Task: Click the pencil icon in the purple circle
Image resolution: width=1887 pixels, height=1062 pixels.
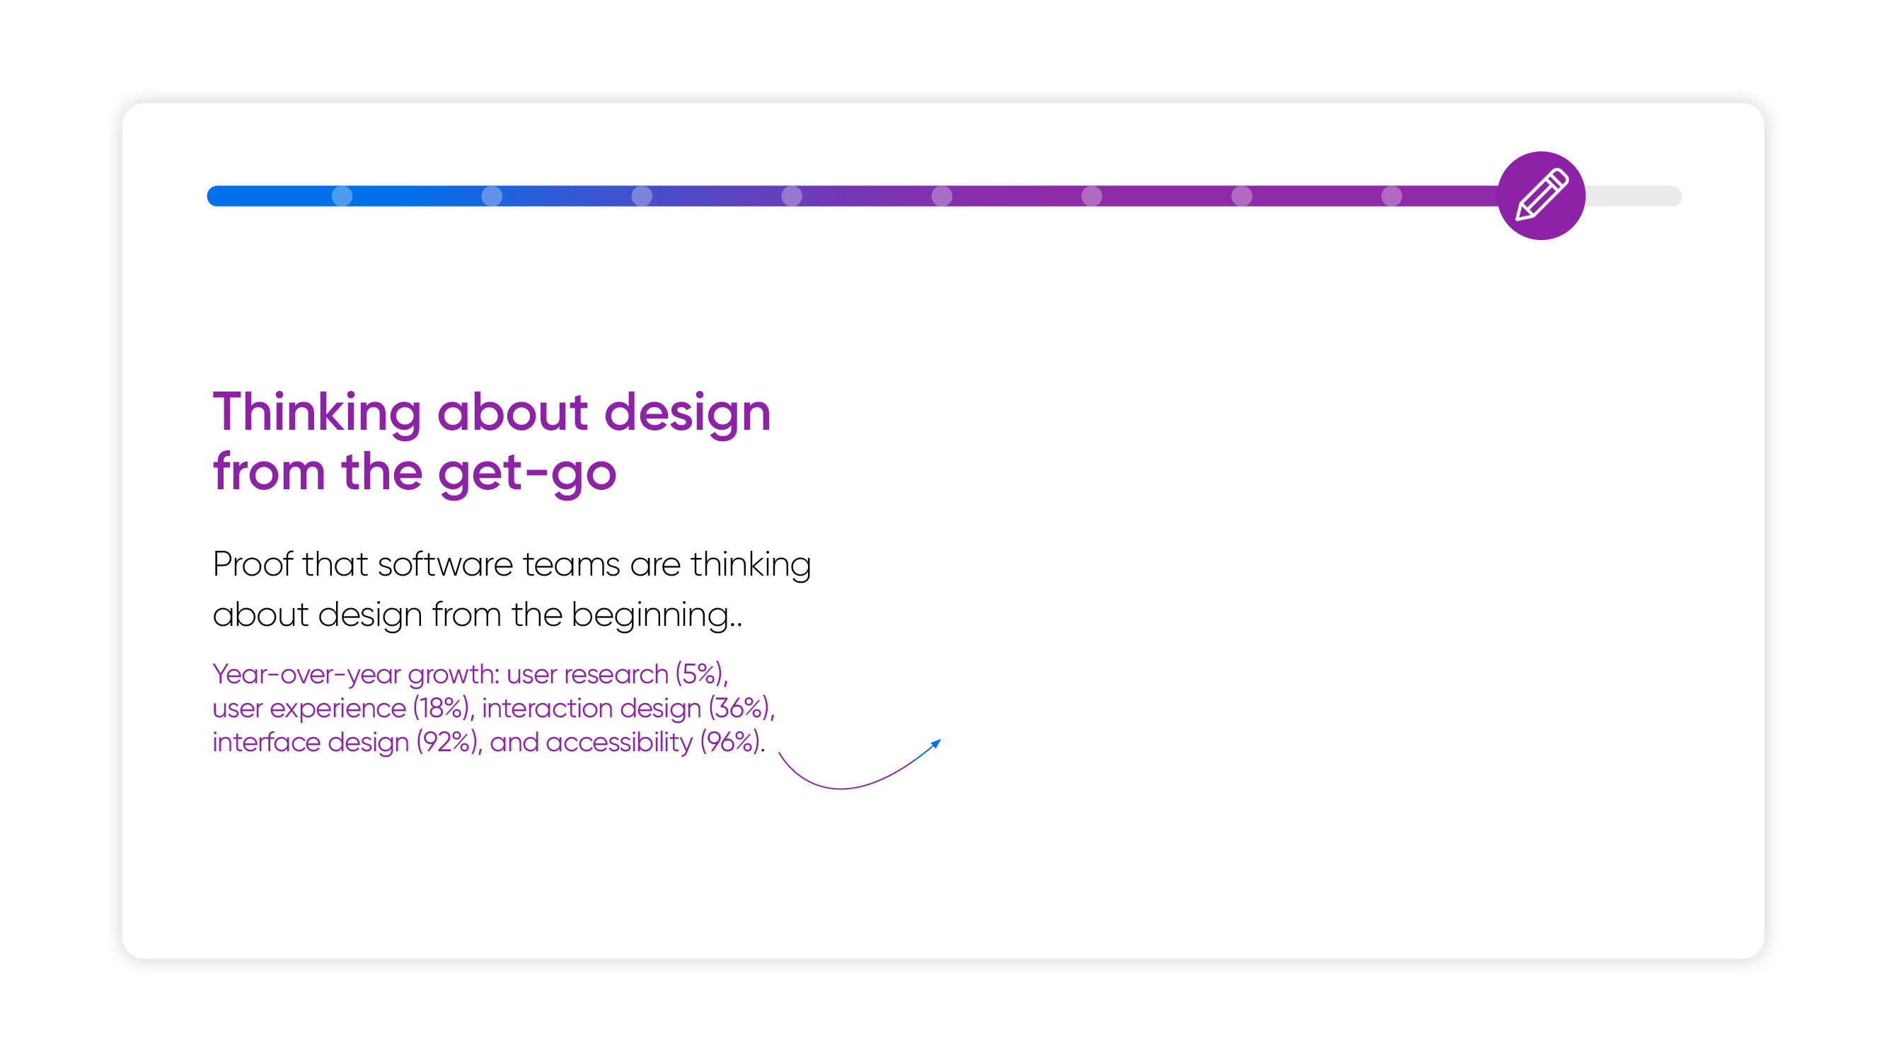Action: point(1541,195)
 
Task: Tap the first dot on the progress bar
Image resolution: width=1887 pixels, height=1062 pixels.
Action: point(342,195)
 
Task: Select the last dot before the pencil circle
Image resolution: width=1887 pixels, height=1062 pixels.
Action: point(1392,195)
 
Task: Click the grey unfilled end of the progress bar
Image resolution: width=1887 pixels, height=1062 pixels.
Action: point(1634,195)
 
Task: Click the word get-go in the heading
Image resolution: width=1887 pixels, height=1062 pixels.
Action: point(527,474)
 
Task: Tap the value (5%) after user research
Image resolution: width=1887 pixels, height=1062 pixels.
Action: point(700,674)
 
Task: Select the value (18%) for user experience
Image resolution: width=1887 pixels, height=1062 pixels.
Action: point(441,709)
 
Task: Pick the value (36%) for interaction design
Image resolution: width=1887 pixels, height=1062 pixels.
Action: point(739,709)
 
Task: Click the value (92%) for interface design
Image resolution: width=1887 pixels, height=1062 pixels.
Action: point(448,743)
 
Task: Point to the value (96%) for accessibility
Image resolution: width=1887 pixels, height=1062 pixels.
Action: point(730,743)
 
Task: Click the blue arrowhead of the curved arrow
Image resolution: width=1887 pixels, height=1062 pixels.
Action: point(935,744)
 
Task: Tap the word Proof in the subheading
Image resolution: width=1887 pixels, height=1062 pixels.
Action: point(253,564)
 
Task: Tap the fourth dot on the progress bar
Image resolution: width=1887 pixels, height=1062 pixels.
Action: point(792,195)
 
